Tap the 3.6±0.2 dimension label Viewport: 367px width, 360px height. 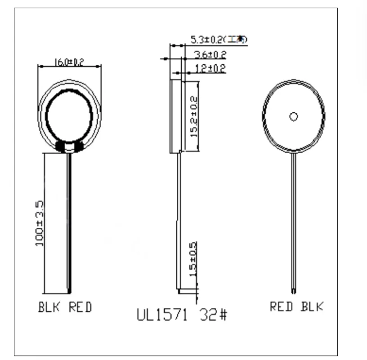210,55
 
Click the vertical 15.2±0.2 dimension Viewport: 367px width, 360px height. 193,116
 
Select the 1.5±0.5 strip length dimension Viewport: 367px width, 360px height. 193,258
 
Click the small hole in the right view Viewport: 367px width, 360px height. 293,117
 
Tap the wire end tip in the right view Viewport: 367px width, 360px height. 293,288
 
